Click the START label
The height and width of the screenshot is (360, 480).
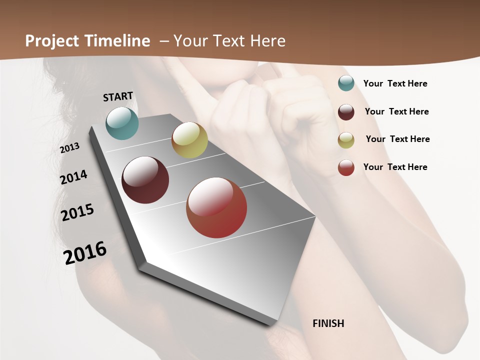tap(118, 96)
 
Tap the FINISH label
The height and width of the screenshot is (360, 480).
tap(328, 323)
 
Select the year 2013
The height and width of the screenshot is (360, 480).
tap(69, 148)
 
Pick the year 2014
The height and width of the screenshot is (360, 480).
tap(73, 177)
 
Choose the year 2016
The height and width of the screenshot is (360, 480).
tap(85, 252)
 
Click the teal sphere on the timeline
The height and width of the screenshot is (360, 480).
tap(122, 123)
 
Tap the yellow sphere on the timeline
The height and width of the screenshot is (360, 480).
tap(189, 140)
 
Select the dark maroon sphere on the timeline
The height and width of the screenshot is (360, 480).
tap(145, 180)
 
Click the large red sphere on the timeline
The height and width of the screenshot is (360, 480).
tap(216, 208)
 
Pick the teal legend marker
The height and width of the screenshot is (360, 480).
tap(346, 83)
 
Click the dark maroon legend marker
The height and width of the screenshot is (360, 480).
tap(346, 112)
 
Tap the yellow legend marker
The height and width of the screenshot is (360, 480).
tap(346, 140)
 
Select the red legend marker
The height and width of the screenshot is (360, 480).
tap(346, 167)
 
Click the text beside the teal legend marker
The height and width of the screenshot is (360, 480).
tap(395, 83)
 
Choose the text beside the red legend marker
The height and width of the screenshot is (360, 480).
tap(395, 167)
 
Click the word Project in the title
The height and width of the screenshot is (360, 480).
tap(51, 41)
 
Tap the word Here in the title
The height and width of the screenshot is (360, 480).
tap(267, 41)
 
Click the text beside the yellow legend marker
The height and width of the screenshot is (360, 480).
tap(397, 139)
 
